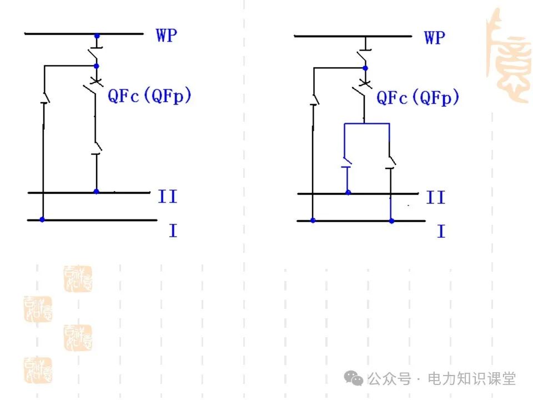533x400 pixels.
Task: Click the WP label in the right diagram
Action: click(x=435, y=37)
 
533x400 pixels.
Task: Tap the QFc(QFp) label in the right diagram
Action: click(x=418, y=98)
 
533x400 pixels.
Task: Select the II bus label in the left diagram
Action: click(x=168, y=196)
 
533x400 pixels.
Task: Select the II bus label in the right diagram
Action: click(x=436, y=197)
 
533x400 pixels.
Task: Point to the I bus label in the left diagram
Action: click(x=173, y=230)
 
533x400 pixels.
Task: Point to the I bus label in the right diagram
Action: click(x=441, y=231)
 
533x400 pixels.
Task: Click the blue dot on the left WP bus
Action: click(x=97, y=36)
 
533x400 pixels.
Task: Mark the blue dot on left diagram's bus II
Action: click(x=96, y=192)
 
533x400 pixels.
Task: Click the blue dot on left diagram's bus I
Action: click(x=42, y=220)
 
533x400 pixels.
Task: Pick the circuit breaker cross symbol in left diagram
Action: click(x=96, y=82)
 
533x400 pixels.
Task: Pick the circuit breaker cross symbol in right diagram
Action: click(x=365, y=84)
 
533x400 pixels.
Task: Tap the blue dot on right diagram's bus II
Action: click(x=348, y=193)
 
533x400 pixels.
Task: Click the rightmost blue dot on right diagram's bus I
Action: click(x=391, y=221)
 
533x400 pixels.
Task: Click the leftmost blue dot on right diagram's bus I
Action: click(x=313, y=221)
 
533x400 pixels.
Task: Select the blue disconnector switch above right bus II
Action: click(x=347, y=167)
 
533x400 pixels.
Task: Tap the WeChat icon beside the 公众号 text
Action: click(x=354, y=378)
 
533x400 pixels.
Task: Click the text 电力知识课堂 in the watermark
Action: click(x=471, y=379)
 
